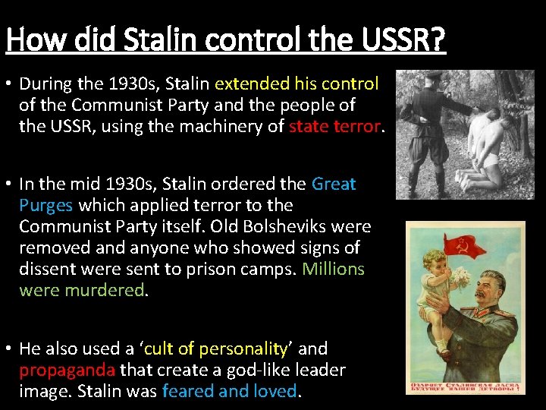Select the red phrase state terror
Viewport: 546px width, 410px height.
point(334,126)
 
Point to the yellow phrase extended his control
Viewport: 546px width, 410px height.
point(297,83)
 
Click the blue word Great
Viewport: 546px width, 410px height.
point(334,184)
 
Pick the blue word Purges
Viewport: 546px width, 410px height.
point(45,205)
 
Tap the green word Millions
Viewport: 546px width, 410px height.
point(333,269)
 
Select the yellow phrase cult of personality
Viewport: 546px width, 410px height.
point(215,348)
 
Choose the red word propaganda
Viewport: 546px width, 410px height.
point(67,370)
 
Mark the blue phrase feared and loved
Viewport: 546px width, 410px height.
point(230,391)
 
